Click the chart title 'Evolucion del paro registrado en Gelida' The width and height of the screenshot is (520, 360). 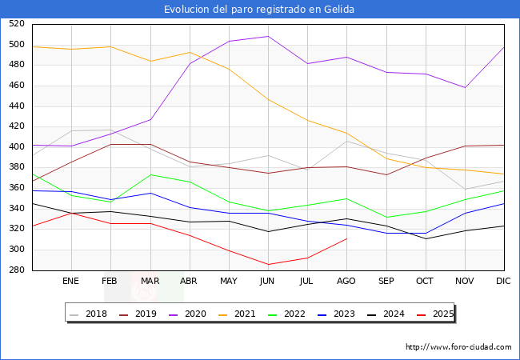coord(259,10)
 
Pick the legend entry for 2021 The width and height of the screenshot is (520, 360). coord(245,314)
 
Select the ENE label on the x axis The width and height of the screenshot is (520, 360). coord(71,282)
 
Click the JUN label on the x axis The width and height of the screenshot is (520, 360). coord(268,282)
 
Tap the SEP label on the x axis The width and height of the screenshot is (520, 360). coord(386,282)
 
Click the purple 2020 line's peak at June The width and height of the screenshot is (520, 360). coord(268,36)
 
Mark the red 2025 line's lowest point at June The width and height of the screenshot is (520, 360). coord(268,265)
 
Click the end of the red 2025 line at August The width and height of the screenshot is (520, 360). coord(346,238)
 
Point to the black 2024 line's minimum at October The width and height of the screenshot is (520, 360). coord(425,238)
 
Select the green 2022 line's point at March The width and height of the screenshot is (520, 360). coord(150,174)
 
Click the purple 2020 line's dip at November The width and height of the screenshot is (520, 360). coord(465,87)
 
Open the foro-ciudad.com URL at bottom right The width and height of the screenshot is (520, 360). coord(458,347)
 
